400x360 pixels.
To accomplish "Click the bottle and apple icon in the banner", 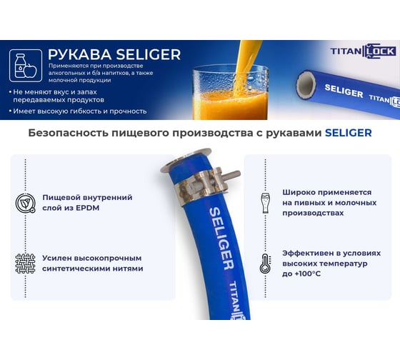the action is pos(26,66).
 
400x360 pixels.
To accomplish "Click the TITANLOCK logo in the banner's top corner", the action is pos(364,51).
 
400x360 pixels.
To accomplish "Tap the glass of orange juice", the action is pos(230,92).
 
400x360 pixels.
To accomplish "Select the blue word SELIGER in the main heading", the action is pos(349,133).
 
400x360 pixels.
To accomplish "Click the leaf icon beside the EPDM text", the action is pos(25,203).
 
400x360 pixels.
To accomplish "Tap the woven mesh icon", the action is pos(25,264).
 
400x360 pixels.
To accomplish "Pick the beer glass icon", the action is pos(265,203).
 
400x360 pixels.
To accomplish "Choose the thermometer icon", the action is pos(265,264).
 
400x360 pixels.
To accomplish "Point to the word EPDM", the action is pos(87,208).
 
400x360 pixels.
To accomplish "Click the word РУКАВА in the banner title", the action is pos(80,54).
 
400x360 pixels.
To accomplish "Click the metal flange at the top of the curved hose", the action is pos(186,160).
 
